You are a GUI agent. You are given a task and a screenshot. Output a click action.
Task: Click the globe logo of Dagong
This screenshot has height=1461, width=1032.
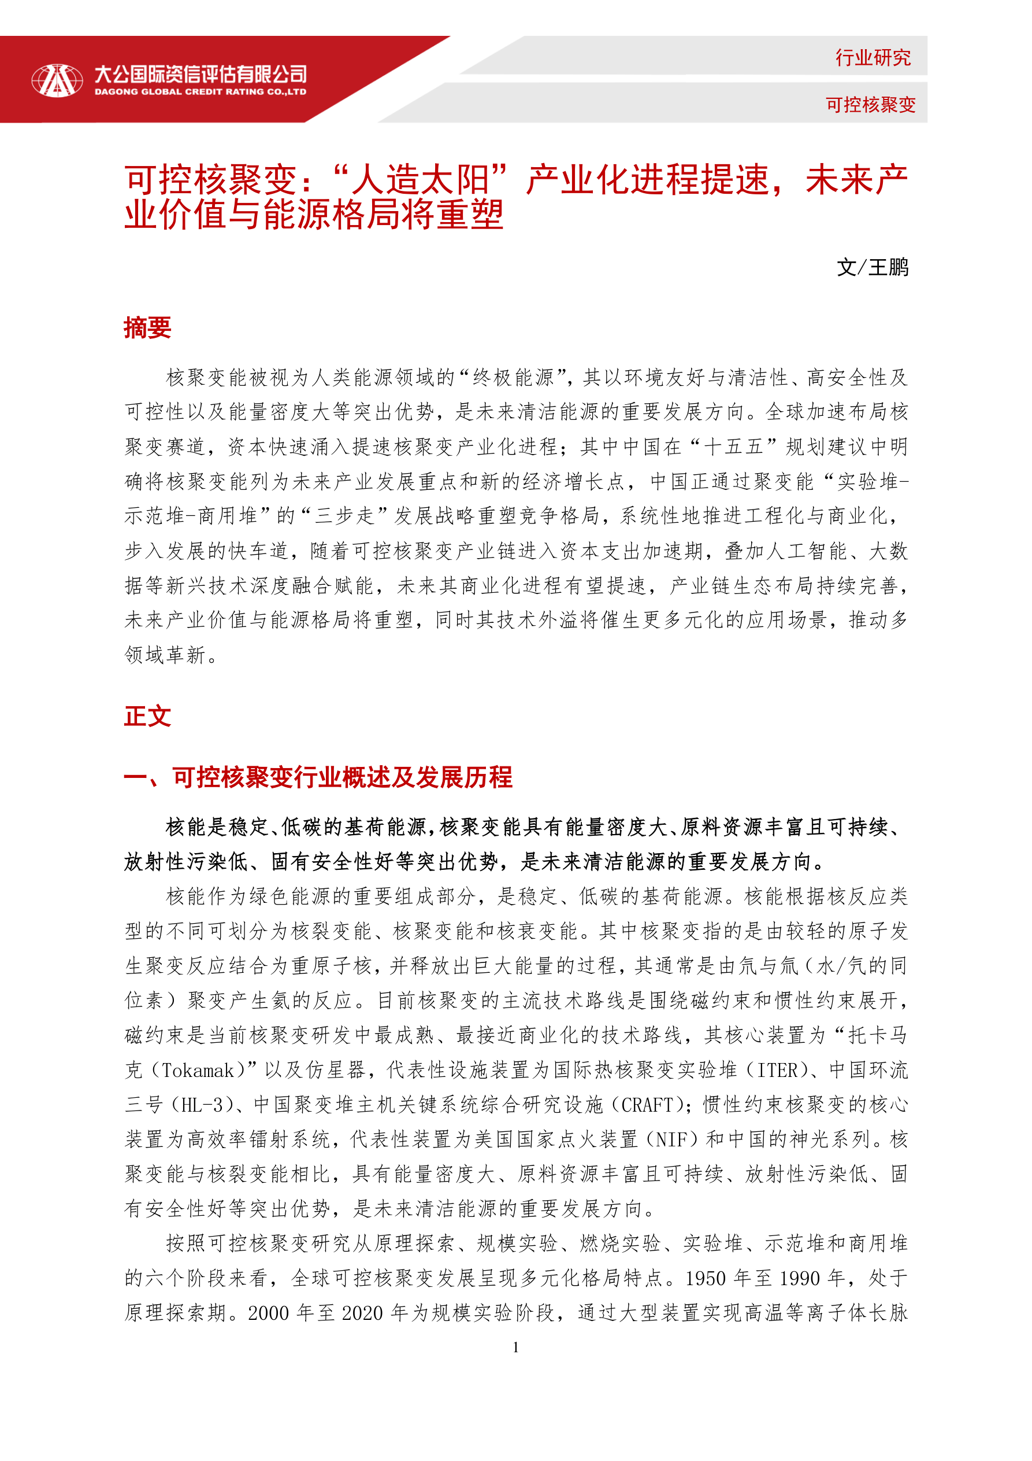pyautogui.click(x=57, y=81)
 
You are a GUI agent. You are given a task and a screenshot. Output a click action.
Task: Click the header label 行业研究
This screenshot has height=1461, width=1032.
pyautogui.click(x=873, y=58)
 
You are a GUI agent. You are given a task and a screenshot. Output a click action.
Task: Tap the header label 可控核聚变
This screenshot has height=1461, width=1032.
pyautogui.click(x=870, y=104)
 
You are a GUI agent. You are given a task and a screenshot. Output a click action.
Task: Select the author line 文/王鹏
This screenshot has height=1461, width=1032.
pyautogui.click(x=873, y=267)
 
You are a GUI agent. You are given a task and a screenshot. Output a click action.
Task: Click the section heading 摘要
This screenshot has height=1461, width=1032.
pyautogui.click(x=147, y=329)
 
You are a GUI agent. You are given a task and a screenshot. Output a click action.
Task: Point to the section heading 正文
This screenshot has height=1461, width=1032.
pyautogui.click(x=147, y=717)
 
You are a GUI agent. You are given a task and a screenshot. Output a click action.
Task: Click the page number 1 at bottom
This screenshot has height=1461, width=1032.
pyautogui.click(x=515, y=1347)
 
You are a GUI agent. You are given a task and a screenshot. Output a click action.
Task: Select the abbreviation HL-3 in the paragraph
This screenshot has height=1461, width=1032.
pyautogui.click(x=202, y=1105)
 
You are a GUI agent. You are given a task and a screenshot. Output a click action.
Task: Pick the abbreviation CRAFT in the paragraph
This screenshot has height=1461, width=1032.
pyautogui.click(x=647, y=1105)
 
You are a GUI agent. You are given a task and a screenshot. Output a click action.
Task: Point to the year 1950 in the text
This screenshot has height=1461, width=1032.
pyautogui.click(x=706, y=1278)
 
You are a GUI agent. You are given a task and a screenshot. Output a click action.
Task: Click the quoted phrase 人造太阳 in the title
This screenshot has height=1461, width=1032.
pyautogui.click(x=421, y=180)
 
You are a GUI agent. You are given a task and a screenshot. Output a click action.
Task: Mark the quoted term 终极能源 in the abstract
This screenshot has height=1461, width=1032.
pyautogui.click(x=514, y=378)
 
